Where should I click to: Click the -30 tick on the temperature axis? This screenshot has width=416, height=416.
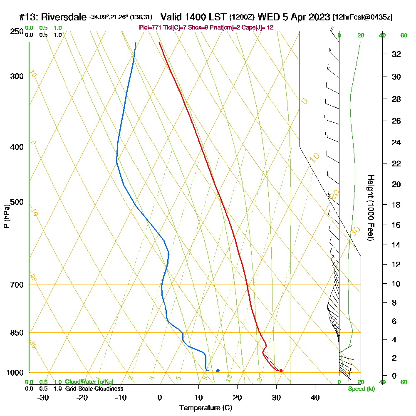(x=43, y=397)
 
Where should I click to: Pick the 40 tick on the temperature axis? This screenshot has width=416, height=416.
(x=315, y=397)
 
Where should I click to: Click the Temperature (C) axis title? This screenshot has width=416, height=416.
(x=206, y=408)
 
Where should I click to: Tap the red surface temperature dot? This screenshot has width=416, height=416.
(x=281, y=371)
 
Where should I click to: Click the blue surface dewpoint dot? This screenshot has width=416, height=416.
(x=218, y=370)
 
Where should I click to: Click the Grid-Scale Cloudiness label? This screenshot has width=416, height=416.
(x=94, y=389)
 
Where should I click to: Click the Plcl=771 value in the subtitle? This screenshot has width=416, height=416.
(x=149, y=27)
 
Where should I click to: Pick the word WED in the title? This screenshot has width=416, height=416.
(x=268, y=17)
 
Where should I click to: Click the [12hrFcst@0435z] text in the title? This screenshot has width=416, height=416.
(x=362, y=17)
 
